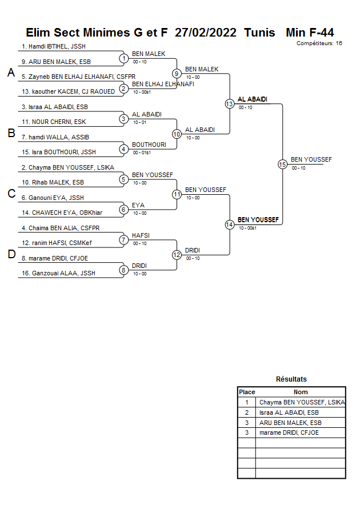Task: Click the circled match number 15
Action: click(x=282, y=165)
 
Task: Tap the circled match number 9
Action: click(x=177, y=74)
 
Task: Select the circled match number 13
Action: click(x=230, y=104)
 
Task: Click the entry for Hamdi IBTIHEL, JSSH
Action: click(x=54, y=46)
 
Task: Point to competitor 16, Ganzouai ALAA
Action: click(x=58, y=273)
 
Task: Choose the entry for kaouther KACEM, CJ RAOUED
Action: click(x=68, y=91)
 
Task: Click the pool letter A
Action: click(x=11, y=73)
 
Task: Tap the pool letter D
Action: click(x=11, y=254)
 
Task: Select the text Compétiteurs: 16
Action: click(x=319, y=43)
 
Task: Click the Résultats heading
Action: click(x=291, y=379)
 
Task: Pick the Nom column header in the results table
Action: click(x=301, y=392)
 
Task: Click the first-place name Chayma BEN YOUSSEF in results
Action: click(x=302, y=402)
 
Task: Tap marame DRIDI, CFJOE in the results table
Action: click(x=289, y=432)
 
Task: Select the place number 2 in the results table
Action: click(x=247, y=412)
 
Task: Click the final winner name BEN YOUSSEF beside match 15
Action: click(x=311, y=159)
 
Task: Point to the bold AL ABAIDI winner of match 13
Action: click(x=252, y=99)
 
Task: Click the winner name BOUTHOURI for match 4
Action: click(x=149, y=145)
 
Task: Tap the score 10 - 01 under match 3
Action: click(x=139, y=122)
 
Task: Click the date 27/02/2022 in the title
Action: click(x=206, y=33)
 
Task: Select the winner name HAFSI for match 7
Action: click(x=141, y=235)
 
